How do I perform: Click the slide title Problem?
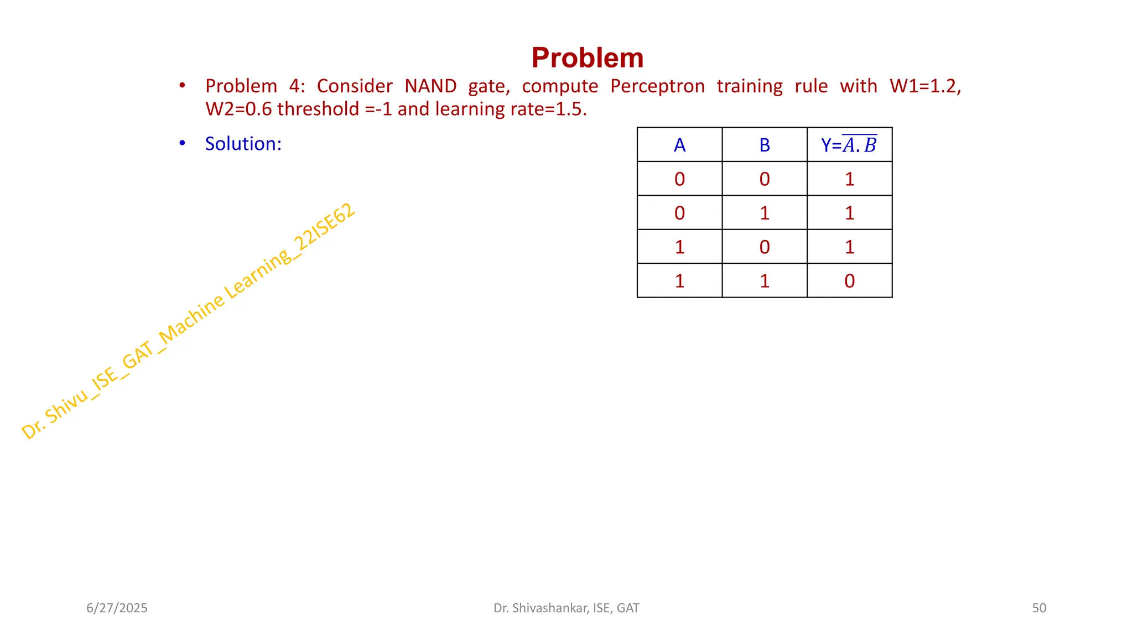(x=587, y=58)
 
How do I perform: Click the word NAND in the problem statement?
(x=430, y=86)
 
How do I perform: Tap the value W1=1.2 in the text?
(x=925, y=86)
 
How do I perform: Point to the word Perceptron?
(x=657, y=86)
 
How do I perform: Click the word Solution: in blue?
(x=243, y=144)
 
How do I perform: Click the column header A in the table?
(x=679, y=145)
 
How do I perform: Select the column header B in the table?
(x=765, y=145)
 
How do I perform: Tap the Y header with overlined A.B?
(x=849, y=145)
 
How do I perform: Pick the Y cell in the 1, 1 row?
(x=849, y=281)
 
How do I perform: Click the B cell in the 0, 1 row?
(x=765, y=213)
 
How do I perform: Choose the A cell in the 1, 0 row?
(x=679, y=247)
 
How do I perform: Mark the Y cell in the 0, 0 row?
(x=849, y=179)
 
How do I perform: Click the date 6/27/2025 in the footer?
(x=117, y=608)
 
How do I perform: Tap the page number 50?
(x=1039, y=608)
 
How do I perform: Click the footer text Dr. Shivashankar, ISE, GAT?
(x=566, y=608)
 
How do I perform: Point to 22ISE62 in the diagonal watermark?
(x=324, y=227)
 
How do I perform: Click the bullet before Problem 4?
(x=182, y=86)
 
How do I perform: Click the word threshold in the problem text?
(x=318, y=109)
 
